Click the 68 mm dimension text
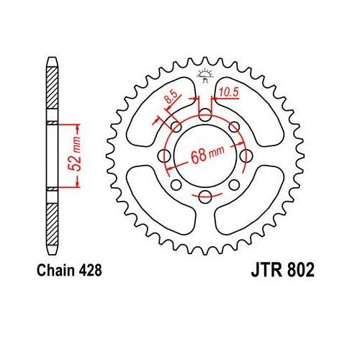207,157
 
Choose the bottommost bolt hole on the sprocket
206,197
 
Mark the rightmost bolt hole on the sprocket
247,156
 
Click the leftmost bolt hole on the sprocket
165,156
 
